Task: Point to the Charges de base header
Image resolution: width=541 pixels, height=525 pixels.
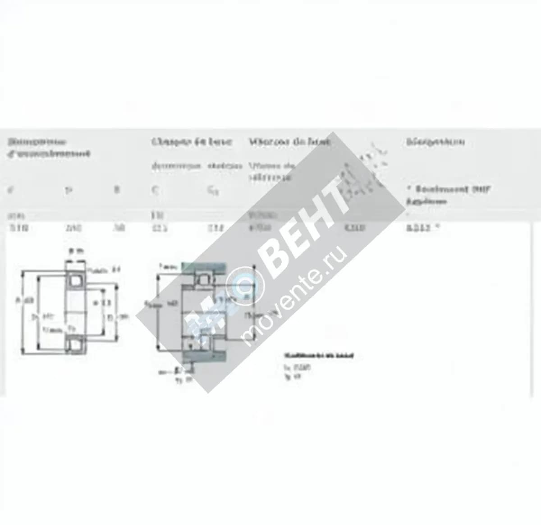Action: click(192, 142)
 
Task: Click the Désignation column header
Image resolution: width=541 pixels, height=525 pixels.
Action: click(435, 142)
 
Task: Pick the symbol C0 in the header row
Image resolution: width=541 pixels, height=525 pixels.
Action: click(213, 191)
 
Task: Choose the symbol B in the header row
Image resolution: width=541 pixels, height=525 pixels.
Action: click(117, 190)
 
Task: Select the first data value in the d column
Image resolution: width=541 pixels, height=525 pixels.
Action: click(18, 228)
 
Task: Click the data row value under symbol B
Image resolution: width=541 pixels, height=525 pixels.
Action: click(118, 228)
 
